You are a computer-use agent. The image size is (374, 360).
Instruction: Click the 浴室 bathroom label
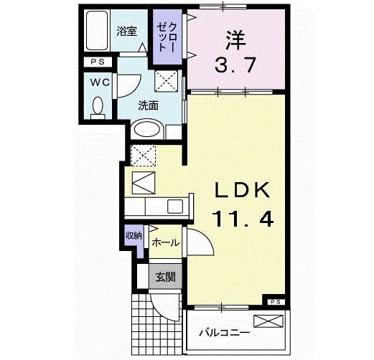click(x=126, y=31)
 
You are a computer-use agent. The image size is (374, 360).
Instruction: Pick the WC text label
click(x=100, y=82)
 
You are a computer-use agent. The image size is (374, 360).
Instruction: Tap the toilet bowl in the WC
click(x=99, y=108)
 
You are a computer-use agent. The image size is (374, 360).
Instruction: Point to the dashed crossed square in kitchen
click(x=144, y=154)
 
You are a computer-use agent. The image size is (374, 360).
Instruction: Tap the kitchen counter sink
click(x=175, y=206)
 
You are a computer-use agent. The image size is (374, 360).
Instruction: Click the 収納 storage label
click(x=134, y=235)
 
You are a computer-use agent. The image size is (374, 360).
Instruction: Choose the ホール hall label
click(x=165, y=243)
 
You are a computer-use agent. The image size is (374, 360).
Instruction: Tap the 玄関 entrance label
click(x=162, y=276)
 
